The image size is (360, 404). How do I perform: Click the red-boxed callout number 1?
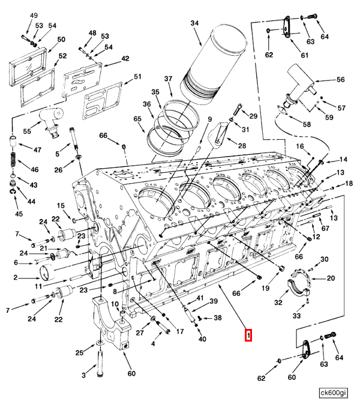pos(248,334)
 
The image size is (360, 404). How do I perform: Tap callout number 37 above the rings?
pos(168,79)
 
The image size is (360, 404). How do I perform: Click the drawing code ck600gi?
pos(333,393)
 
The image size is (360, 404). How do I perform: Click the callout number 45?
pos(19,214)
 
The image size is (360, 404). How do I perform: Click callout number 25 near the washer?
pos(79,352)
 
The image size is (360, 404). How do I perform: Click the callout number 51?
pos(137,76)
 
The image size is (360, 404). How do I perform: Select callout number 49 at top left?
pos(33,14)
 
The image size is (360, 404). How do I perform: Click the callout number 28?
pos(242,146)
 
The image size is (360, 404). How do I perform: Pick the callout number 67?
pos(325,228)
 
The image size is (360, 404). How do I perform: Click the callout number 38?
pos(218,318)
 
